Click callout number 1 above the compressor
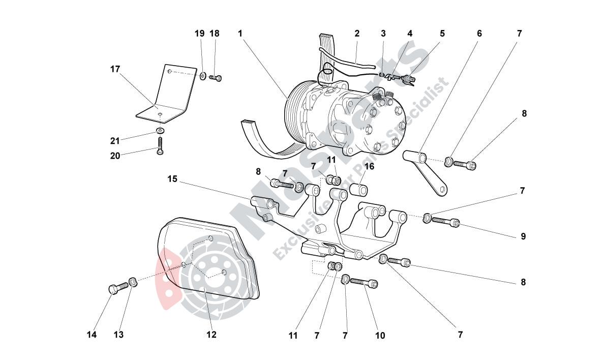(239, 34)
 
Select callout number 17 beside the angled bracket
(115, 69)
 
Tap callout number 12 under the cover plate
(211, 335)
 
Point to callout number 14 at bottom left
(92, 335)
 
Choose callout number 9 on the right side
(523, 236)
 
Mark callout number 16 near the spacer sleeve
(369, 166)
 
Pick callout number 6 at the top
(479, 34)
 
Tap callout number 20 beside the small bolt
(115, 156)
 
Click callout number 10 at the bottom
(380, 336)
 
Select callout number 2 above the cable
(357, 34)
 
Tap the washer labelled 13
(133, 281)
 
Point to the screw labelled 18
(218, 78)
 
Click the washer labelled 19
(203, 76)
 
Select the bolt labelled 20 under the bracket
(161, 145)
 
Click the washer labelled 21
(161, 132)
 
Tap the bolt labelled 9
(446, 222)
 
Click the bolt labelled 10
(365, 282)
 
